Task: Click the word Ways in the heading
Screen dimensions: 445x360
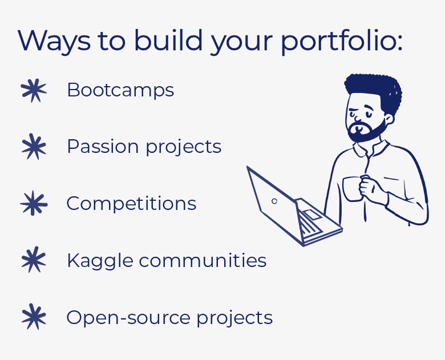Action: tap(54, 41)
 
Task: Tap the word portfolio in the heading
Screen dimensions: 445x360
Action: tap(342, 41)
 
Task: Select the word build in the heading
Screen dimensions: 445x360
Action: tap(168, 40)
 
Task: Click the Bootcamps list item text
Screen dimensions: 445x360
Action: tap(120, 90)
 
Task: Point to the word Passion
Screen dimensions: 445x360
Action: tap(103, 147)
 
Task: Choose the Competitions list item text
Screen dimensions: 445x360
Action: tap(131, 203)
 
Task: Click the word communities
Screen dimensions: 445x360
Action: tap(203, 260)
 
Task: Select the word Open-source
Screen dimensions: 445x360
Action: tap(128, 318)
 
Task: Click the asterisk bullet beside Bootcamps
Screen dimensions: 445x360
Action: tap(34, 91)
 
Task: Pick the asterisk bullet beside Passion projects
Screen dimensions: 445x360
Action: tap(34, 147)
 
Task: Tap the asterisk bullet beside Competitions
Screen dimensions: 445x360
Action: tap(34, 203)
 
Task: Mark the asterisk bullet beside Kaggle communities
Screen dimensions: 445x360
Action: tap(34, 260)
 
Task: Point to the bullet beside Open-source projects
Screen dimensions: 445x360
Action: tap(34, 317)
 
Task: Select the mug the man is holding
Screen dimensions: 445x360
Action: tap(353, 189)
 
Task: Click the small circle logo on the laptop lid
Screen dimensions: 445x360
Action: tap(274, 201)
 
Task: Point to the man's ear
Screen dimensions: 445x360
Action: tap(389, 119)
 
